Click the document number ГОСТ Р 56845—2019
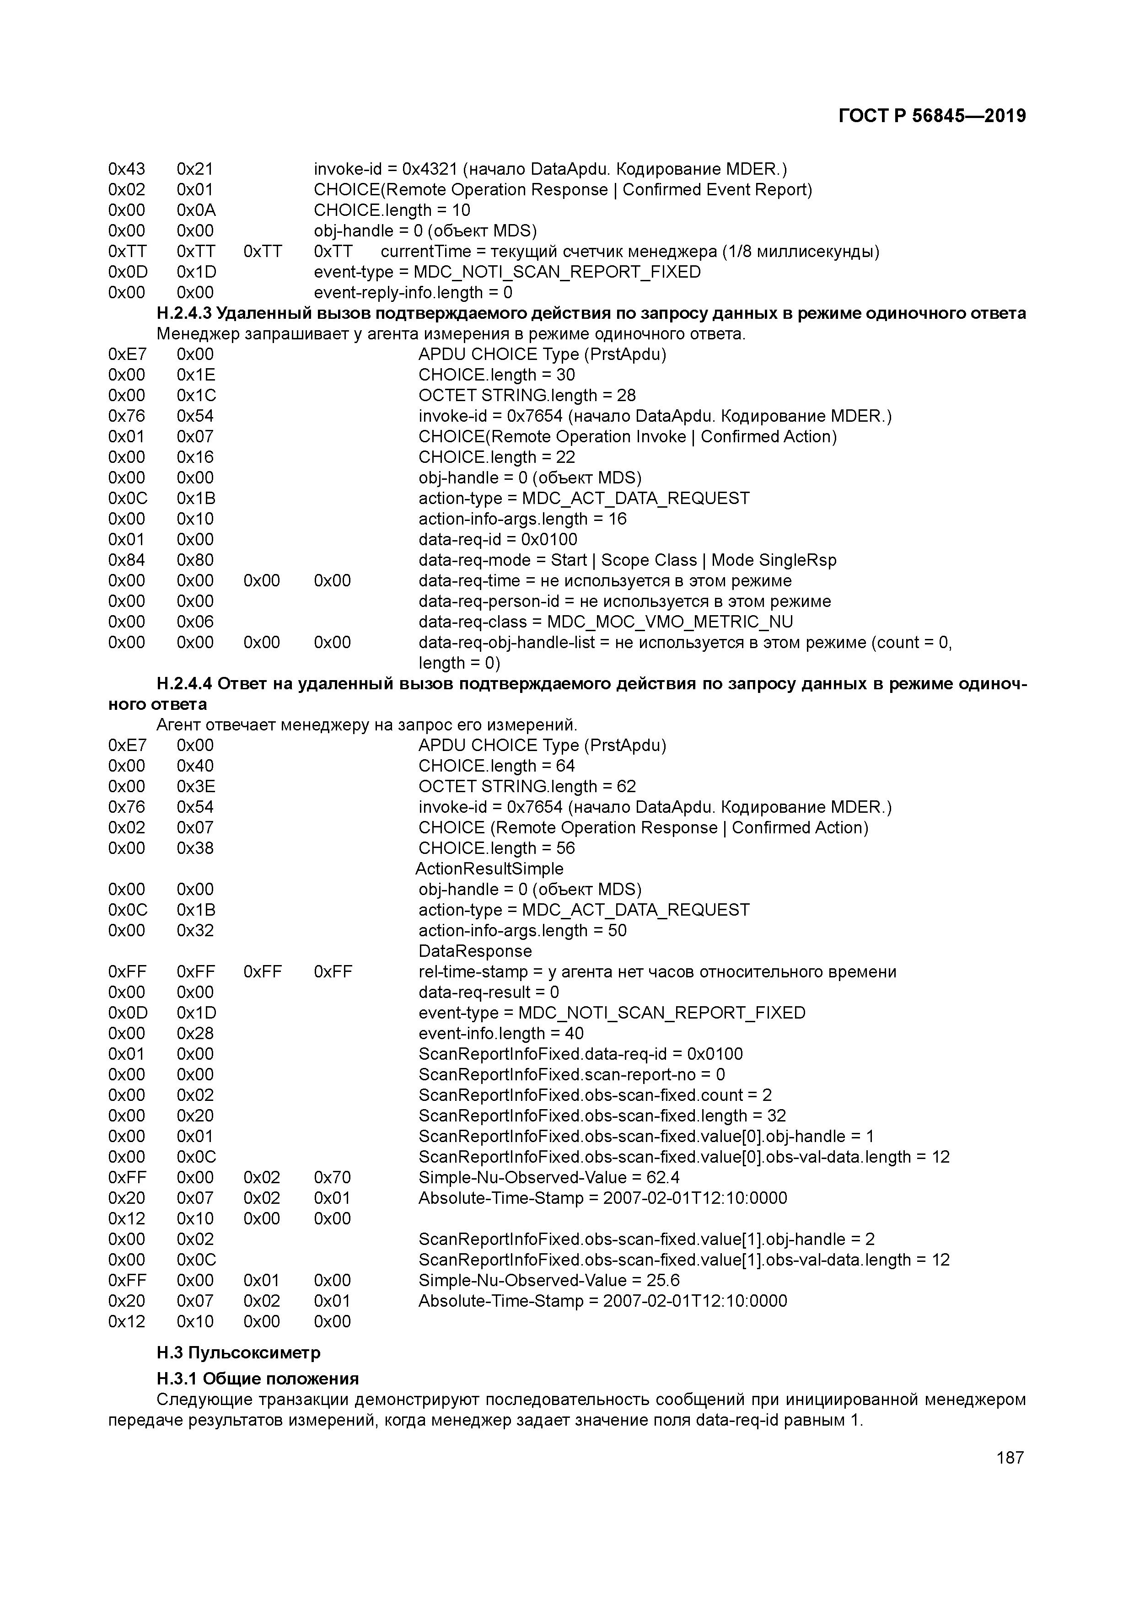(x=932, y=116)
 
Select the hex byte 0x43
(x=126, y=169)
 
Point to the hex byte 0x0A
(x=196, y=210)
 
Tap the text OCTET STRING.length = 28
(x=527, y=396)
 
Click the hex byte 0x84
(x=126, y=560)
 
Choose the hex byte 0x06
(x=195, y=622)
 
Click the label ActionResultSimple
(x=489, y=869)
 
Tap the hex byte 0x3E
(x=196, y=787)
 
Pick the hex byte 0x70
(x=333, y=1177)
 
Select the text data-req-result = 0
(x=489, y=992)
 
